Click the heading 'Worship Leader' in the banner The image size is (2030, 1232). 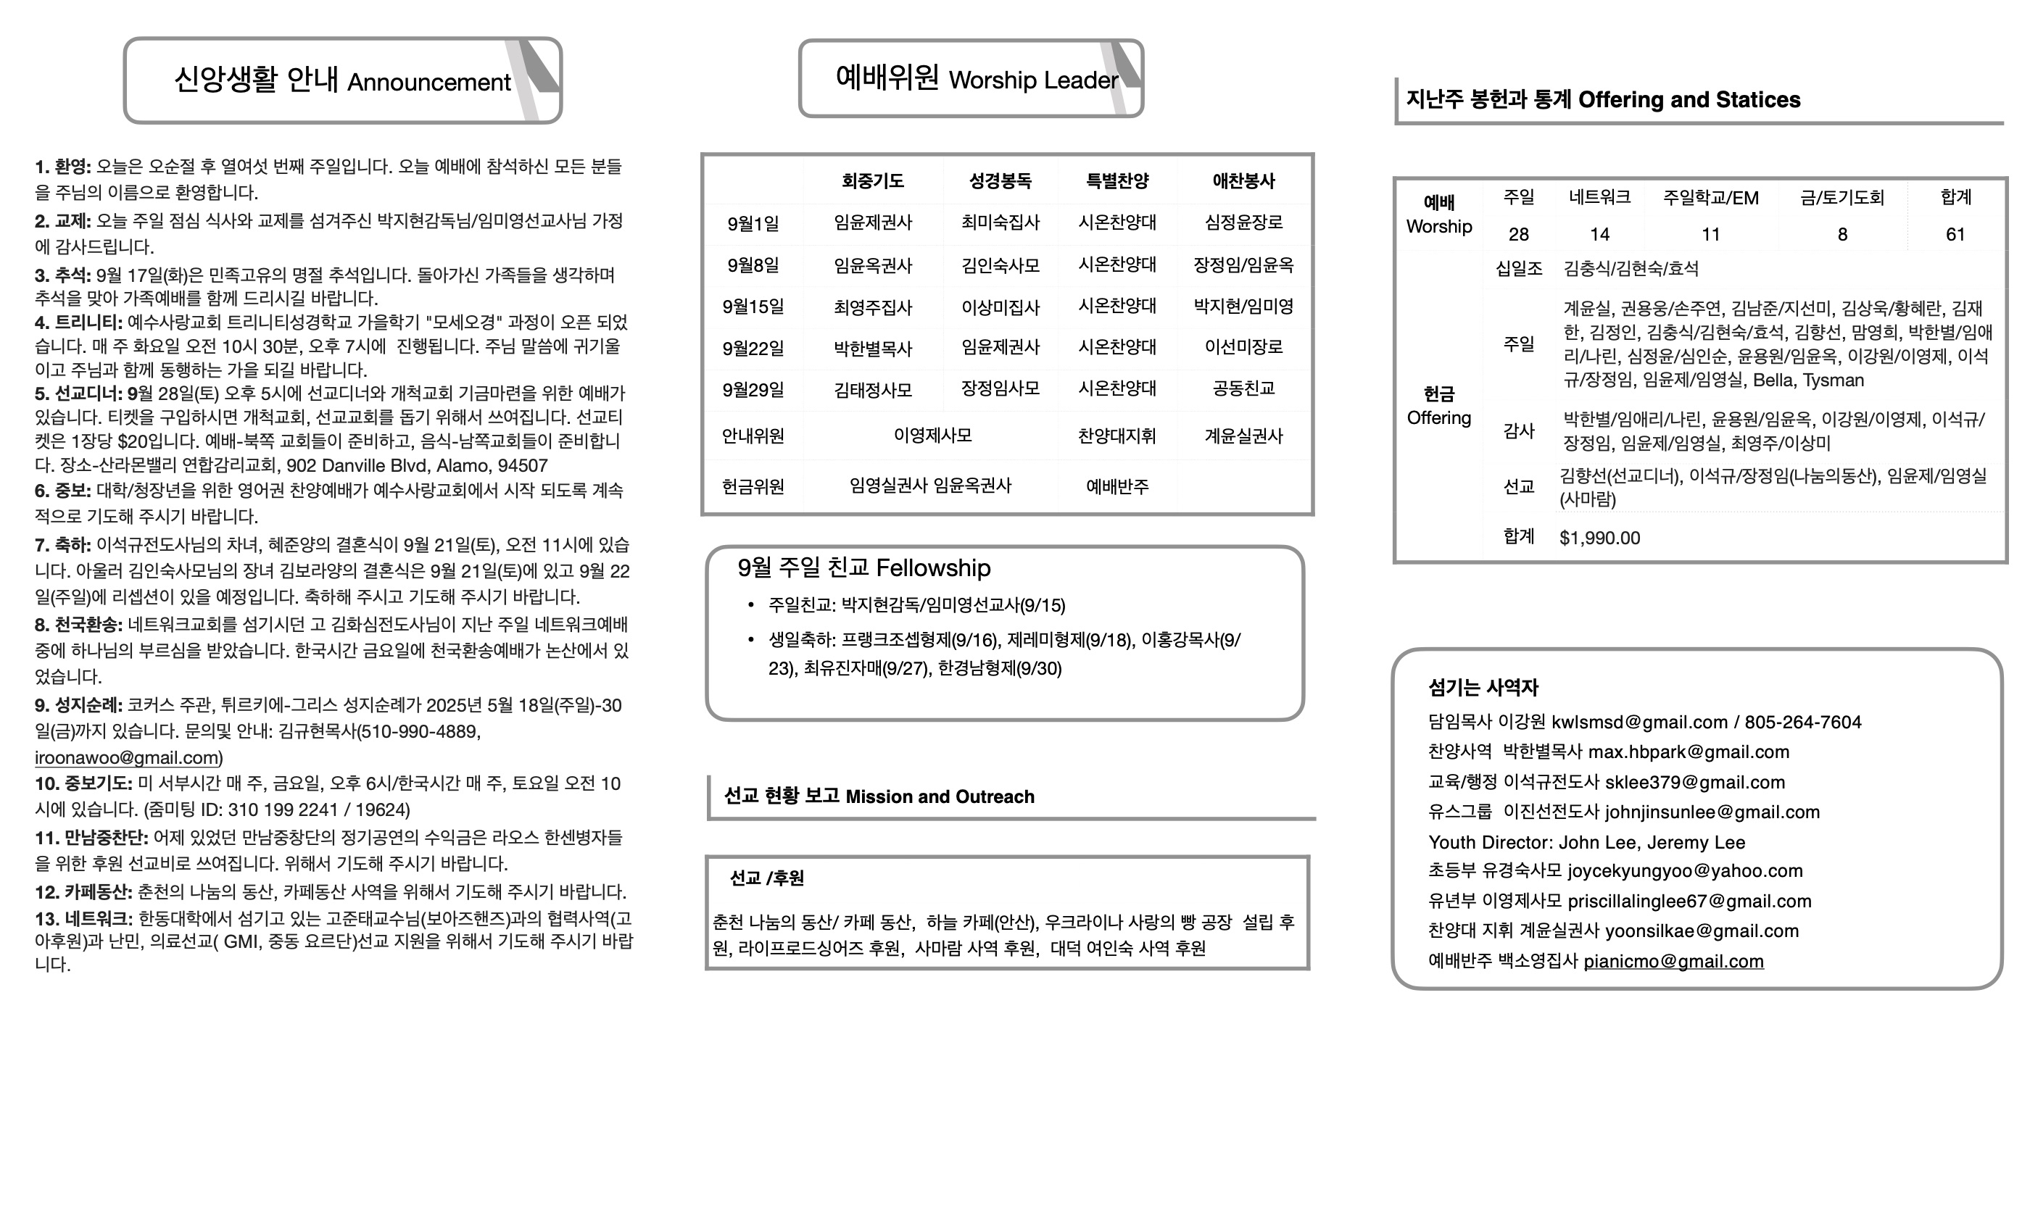[1033, 80]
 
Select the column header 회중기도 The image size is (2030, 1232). [872, 181]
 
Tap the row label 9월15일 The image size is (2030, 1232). [753, 307]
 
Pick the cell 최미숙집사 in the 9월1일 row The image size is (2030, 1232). [1000, 222]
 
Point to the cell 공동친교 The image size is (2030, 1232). [1243, 388]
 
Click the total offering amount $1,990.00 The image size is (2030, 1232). [1599, 538]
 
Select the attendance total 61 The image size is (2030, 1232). [1955, 235]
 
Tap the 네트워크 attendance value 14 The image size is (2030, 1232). [1599, 235]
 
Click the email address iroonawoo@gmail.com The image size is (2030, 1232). [127, 757]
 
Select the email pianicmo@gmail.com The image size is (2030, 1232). [1673, 962]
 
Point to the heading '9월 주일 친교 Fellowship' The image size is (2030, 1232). [863, 568]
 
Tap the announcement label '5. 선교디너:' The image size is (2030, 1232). [78, 394]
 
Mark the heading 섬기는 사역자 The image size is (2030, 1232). [1483, 688]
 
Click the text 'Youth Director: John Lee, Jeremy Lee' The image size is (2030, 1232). [1586, 842]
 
